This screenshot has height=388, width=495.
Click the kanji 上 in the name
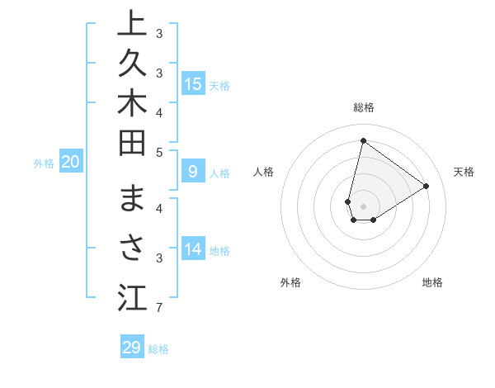[132, 24]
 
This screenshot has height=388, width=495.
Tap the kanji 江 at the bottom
[132, 297]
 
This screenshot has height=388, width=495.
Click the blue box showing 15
[193, 83]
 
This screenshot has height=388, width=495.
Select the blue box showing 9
[193, 172]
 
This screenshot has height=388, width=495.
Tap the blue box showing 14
[193, 249]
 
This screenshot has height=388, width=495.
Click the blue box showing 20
[71, 162]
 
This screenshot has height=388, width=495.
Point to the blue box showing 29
[132, 348]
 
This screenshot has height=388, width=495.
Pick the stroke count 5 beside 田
[159, 151]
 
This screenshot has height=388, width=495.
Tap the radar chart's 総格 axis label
[363, 107]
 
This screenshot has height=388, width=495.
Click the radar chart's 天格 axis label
[464, 172]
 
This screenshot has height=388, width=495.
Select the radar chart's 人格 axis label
[263, 172]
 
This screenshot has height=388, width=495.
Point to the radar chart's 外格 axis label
[290, 282]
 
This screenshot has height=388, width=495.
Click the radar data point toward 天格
[427, 186]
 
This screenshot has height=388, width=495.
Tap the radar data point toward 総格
[363, 140]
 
